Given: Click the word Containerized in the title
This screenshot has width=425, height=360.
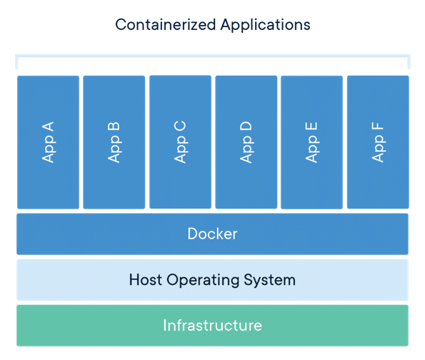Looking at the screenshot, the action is [166, 25].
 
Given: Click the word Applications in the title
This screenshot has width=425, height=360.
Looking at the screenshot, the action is [265, 26].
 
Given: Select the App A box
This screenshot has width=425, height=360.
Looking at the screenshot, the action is [49, 142].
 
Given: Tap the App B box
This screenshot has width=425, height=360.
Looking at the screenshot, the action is [114, 142].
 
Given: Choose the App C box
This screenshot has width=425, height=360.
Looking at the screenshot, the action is [180, 142].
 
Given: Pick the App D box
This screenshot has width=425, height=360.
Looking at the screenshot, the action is [246, 142].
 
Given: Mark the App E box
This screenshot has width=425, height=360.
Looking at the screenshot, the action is [311, 142].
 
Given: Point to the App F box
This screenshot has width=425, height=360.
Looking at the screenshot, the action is [378, 142].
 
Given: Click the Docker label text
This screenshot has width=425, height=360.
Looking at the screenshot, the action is [213, 234].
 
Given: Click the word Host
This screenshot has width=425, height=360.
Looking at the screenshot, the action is [145, 280].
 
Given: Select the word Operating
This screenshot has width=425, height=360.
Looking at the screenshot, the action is [203, 281].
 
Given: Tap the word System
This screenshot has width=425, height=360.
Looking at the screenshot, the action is [270, 281].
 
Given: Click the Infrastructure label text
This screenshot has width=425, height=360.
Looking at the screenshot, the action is [213, 326].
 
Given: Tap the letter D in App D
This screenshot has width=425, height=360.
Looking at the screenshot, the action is [246, 127].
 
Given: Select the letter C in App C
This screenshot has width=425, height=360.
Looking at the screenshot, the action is [180, 126].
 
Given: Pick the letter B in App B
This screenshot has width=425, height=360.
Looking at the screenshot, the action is [114, 127].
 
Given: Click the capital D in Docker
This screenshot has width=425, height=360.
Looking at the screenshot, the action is [193, 234].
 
